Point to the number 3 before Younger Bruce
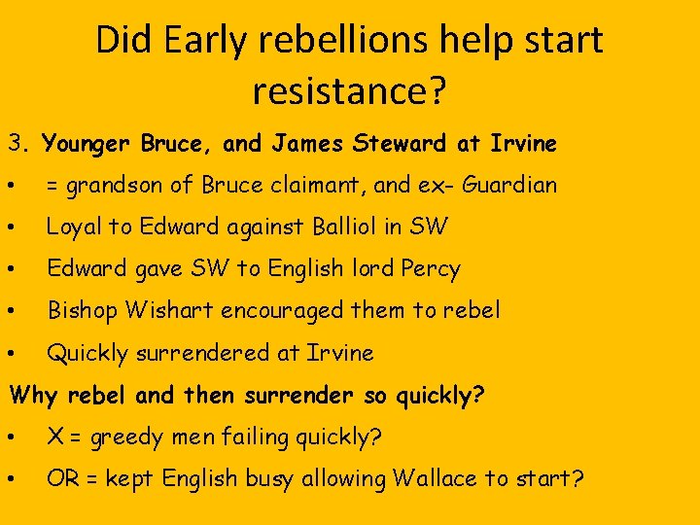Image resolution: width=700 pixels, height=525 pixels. pyautogui.click(x=16, y=144)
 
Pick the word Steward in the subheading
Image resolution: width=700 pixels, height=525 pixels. pyautogui.click(x=402, y=144)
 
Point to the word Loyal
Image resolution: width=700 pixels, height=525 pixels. pyautogui.click(x=74, y=227)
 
